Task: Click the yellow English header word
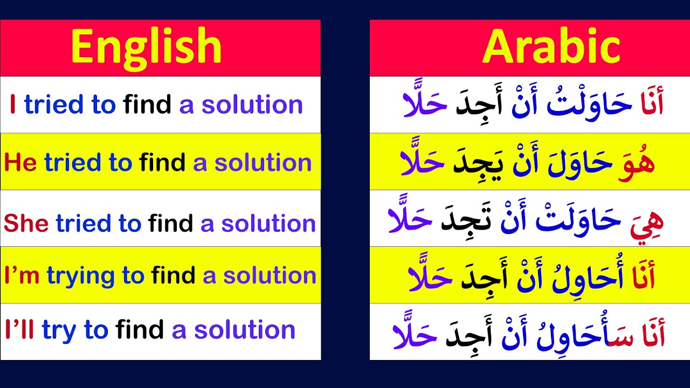(x=146, y=47)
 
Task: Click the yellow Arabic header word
(x=551, y=47)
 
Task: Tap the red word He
(x=20, y=163)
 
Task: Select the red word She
(x=26, y=223)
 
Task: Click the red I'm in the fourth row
(x=22, y=275)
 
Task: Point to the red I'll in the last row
(x=19, y=330)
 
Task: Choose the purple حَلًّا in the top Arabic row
(x=425, y=103)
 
